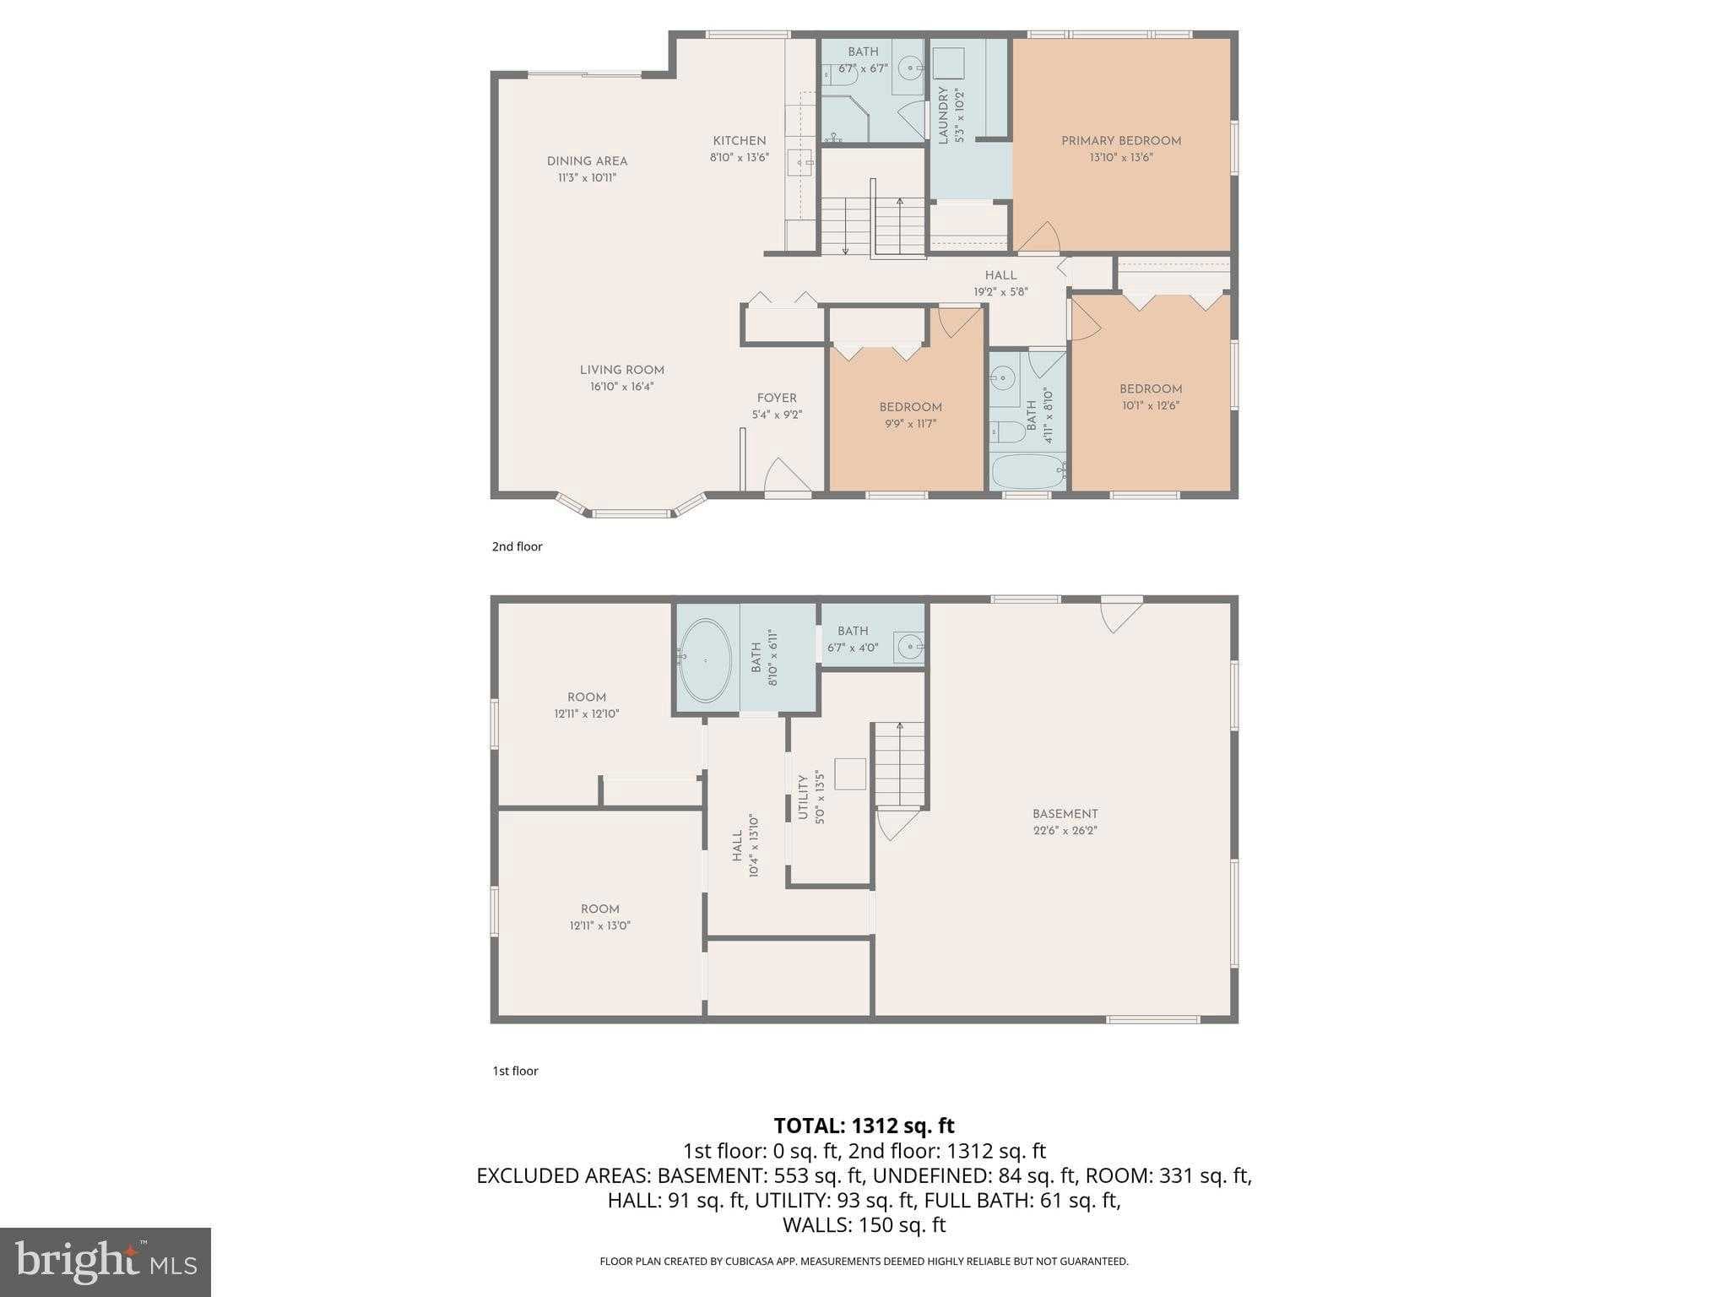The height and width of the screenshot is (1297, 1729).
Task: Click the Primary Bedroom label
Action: coord(1120,141)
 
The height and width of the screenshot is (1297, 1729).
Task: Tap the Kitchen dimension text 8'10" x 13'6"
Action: coord(739,157)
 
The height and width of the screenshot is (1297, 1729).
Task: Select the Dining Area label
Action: coord(587,161)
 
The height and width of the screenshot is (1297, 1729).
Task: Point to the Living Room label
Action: coord(621,370)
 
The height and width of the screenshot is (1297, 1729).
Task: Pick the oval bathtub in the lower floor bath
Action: coord(705,660)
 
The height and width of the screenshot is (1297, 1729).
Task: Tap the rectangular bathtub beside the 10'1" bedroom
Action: coord(1027,471)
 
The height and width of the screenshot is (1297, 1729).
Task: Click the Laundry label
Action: coord(943,115)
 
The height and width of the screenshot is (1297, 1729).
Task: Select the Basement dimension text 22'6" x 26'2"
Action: coord(1065,830)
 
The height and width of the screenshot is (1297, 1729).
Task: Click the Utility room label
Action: coord(803,797)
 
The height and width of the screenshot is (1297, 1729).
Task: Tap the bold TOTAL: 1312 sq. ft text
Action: coord(864,1126)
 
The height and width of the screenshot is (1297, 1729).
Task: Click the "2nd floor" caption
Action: coord(517,546)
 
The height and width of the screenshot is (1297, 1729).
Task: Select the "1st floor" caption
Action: coord(515,1071)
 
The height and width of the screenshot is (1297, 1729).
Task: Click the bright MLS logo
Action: coord(105,1262)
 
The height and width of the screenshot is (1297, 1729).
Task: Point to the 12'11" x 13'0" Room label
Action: coord(599,909)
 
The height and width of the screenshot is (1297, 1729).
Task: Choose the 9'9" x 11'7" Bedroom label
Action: coord(910,407)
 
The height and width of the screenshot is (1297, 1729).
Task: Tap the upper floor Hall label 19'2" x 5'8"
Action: coord(1000,275)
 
